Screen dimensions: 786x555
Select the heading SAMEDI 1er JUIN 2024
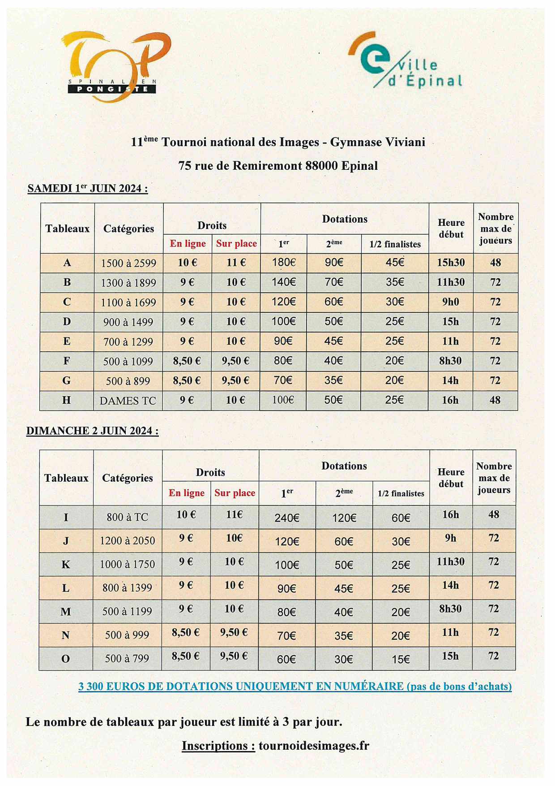[88, 188]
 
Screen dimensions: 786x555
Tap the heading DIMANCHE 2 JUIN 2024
[93, 431]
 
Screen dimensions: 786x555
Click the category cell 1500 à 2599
[128, 263]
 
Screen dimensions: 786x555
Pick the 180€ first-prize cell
[283, 263]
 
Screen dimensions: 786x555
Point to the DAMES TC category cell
[128, 401]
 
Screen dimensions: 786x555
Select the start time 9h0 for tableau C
[451, 302]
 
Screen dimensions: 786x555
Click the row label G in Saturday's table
[67, 381]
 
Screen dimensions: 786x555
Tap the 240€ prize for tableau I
[287, 518]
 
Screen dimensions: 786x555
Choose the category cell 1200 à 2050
[128, 541]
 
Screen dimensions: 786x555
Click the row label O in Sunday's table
[65, 659]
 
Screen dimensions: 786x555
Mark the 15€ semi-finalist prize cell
[401, 659]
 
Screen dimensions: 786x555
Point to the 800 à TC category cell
[128, 517]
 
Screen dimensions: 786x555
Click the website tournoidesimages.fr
[314, 746]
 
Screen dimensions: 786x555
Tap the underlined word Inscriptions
[218, 746]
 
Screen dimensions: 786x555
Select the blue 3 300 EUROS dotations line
[295, 686]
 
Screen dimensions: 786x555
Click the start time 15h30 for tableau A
[451, 263]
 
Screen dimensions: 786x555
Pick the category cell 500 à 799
[127, 659]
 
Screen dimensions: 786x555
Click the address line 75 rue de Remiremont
[278, 166]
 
